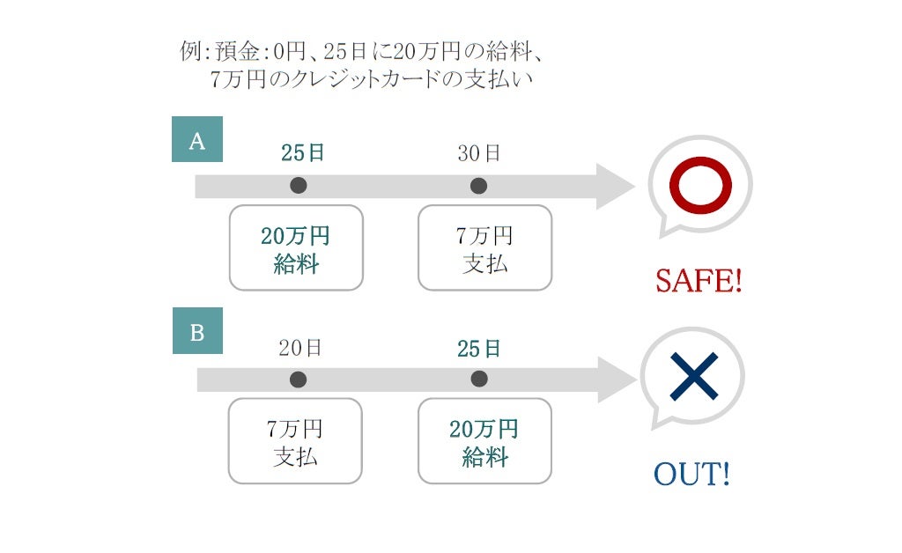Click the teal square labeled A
click(x=197, y=140)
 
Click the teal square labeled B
click(x=197, y=332)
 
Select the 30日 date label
click(x=479, y=153)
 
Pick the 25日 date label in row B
click(x=479, y=349)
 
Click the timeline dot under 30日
click(x=478, y=186)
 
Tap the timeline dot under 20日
click(x=299, y=380)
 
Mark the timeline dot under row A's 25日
click(x=299, y=186)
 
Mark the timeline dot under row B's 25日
click(x=478, y=380)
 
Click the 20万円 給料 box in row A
click(x=296, y=248)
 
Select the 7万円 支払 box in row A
click(x=484, y=248)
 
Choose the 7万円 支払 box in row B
click(x=295, y=442)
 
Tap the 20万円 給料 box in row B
click(x=484, y=442)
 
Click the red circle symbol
click(x=700, y=186)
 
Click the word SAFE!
click(x=699, y=282)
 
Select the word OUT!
click(x=691, y=476)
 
